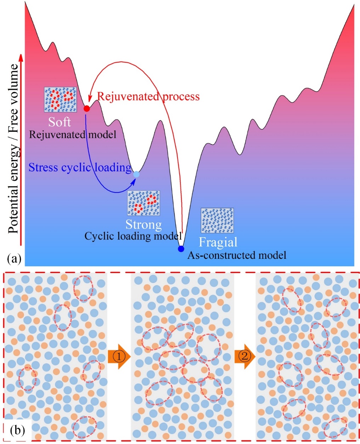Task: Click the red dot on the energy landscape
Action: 86,109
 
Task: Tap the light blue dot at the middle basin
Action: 136,174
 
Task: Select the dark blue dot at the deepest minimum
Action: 181,249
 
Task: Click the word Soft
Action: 60,122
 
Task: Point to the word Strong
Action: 144,224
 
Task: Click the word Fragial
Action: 218,242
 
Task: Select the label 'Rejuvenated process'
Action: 148,96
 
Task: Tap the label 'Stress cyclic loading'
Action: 80,167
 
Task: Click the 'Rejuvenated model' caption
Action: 73,135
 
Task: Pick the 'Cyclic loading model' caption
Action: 133,236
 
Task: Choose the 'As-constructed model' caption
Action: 237,255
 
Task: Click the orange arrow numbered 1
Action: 119,357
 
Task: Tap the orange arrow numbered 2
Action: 245,357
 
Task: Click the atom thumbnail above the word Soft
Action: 60,99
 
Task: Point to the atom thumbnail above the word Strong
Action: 144,203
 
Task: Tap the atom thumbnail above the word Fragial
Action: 217,220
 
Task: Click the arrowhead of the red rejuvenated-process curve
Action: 89,96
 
